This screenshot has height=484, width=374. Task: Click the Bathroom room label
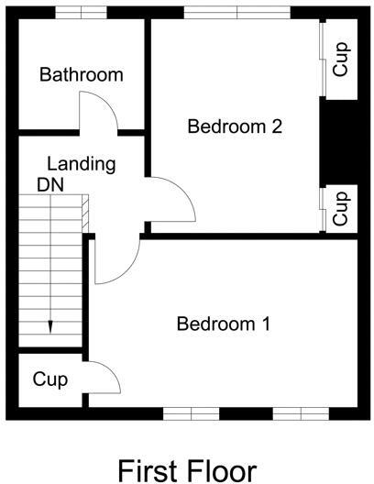pos(81,75)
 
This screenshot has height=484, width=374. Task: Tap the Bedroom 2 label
pos(234,126)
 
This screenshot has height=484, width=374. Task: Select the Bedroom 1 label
pos(224,324)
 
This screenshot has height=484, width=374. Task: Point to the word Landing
pos(82,165)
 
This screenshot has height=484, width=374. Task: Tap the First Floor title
pos(187,470)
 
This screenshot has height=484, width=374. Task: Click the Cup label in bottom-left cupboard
pos(49,379)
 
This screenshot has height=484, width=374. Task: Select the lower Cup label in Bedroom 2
pos(341,206)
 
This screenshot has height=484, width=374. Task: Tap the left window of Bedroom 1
pos(191,412)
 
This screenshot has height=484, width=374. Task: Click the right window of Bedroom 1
pos(300,412)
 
